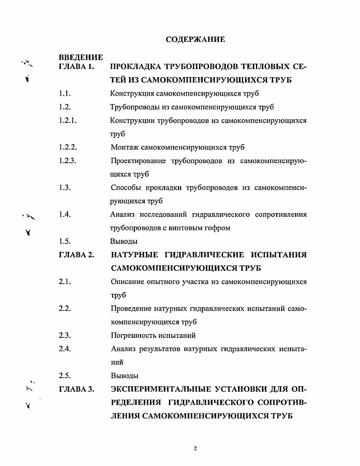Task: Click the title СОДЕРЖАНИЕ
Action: tap(195, 40)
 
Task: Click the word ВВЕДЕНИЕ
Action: tap(81, 58)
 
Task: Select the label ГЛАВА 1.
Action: tap(76, 67)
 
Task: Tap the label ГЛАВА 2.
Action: tap(76, 255)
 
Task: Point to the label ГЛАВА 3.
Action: tap(76, 389)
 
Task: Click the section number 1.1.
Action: tap(64, 94)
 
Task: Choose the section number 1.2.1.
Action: tap(67, 120)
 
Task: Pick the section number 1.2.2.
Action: tap(68, 147)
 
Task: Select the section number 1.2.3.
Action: tap(68, 160)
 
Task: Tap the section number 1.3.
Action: tap(64, 187)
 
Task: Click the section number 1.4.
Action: tap(64, 214)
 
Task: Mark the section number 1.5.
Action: tap(64, 241)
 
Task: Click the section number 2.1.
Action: tap(64, 282)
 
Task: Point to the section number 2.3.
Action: tap(64, 335)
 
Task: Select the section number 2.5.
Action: tap(64, 375)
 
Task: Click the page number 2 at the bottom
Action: tap(195, 449)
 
